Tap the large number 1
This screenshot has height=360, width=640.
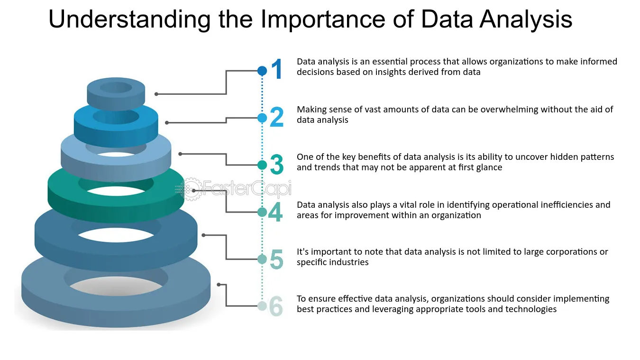(x=276, y=69)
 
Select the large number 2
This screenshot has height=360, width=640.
(x=276, y=117)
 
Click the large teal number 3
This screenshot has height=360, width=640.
(x=276, y=165)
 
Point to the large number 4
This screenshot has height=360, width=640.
(x=275, y=212)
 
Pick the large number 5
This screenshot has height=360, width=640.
(x=276, y=259)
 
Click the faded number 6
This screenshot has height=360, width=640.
(x=276, y=306)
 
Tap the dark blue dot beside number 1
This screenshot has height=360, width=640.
(x=262, y=71)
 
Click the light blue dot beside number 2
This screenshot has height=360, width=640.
(x=262, y=118)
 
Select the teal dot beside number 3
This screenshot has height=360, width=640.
(x=262, y=165)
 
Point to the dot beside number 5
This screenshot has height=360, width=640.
(x=262, y=259)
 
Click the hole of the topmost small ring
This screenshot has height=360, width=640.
(x=116, y=87)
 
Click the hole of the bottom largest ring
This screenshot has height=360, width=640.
(x=116, y=286)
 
